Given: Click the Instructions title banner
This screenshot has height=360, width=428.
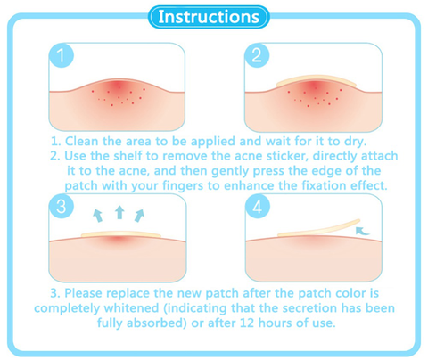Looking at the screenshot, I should click(x=213, y=17).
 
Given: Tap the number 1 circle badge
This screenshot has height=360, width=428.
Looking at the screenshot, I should click(x=61, y=56).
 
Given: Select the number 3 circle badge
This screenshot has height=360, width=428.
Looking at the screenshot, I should click(x=61, y=208).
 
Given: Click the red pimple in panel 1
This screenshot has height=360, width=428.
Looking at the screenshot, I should click(x=118, y=92).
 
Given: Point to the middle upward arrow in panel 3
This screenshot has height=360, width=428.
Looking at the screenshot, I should click(x=119, y=212).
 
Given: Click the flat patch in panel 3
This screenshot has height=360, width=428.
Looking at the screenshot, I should click(x=119, y=234).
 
